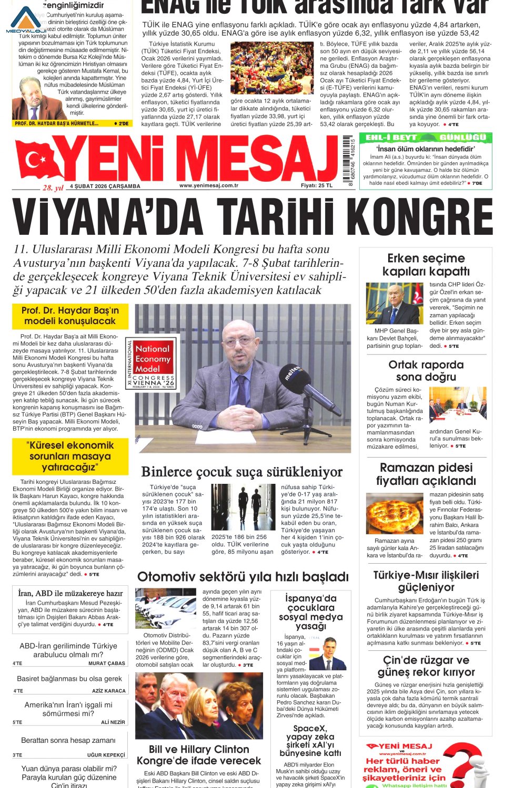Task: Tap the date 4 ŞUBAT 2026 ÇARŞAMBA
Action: [105, 186]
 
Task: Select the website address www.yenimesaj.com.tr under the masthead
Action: [208, 185]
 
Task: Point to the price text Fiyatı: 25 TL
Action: [317, 185]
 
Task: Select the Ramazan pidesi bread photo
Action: [395, 514]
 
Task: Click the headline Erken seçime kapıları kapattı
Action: [426, 265]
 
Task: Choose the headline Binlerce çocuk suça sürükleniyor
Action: [242, 472]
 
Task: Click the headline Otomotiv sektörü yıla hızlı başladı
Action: [243, 577]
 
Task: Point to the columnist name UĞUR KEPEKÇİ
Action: [106, 755]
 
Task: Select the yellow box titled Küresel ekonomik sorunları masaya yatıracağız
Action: [70, 456]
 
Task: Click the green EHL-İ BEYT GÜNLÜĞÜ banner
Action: [425, 138]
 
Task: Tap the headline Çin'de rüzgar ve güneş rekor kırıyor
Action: [426, 666]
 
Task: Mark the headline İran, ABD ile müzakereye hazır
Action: [70, 593]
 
